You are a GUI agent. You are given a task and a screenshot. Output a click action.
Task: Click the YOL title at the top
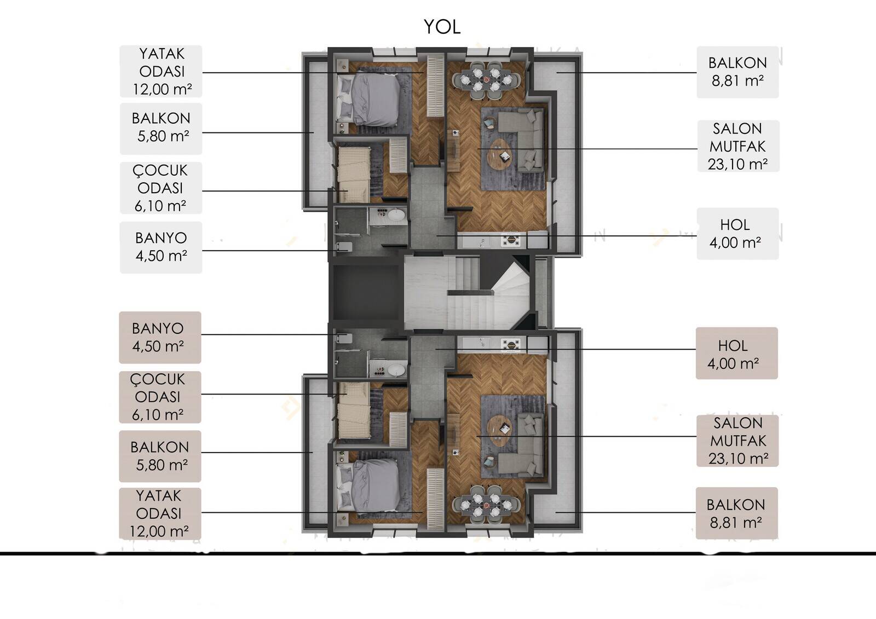pos(442,27)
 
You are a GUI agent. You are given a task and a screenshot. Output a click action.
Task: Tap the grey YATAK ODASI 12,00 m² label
pos(161,71)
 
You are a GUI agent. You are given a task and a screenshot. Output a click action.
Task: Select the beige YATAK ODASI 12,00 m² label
pos(160,513)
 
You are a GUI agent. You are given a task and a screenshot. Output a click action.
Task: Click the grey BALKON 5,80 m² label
pos(161,129)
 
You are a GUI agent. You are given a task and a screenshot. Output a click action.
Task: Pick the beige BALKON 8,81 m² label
pos(737,513)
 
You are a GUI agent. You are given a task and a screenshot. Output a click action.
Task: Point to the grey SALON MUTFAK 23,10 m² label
pos(739,146)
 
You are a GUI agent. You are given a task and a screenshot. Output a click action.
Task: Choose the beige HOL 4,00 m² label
pos(737,353)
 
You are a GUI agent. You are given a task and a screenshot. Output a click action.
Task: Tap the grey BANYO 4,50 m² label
pos(161,247)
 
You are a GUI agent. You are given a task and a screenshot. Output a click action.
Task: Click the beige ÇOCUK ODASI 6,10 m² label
pos(160,397)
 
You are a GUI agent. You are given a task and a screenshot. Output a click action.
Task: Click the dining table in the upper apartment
pos(486,80)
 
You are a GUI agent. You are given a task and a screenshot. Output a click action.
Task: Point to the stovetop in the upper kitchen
pos(511,240)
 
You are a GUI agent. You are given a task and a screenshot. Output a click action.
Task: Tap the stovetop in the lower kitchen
pos(511,344)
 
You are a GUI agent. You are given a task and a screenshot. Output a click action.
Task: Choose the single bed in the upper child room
pos(354,175)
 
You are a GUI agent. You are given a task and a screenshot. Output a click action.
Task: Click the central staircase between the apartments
pos(467,292)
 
